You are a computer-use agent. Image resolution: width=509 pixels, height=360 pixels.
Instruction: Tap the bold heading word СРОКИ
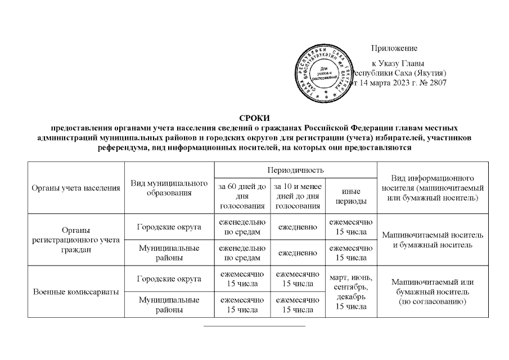(254, 118)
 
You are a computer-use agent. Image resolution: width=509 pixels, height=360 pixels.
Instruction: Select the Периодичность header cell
(296, 169)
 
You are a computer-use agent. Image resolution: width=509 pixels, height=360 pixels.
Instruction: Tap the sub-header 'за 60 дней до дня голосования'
(242, 196)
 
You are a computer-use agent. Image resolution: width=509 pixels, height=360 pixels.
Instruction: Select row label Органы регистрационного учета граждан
(75, 240)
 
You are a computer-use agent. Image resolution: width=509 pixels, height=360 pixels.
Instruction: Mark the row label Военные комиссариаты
(75, 292)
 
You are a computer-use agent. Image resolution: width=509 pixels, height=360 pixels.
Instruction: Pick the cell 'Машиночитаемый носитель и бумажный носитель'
(432, 240)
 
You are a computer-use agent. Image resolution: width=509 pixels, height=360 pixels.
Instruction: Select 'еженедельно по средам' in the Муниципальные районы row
(242, 253)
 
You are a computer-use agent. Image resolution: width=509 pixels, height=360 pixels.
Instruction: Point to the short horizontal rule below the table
(254, 326)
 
